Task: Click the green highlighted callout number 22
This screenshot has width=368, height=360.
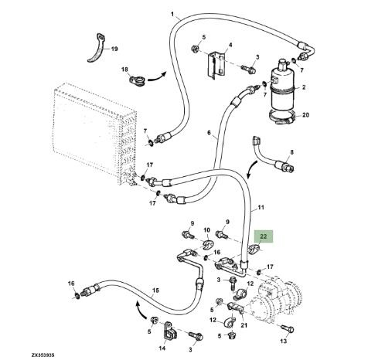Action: (263, 236)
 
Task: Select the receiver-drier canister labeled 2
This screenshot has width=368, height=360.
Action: (282, 87)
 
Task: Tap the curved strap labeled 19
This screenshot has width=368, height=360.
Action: (97, 48)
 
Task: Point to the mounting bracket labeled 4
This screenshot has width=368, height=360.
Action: (216, 66)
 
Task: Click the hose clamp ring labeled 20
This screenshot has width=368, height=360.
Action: (282, 117)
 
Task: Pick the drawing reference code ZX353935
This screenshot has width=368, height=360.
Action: (43, 355)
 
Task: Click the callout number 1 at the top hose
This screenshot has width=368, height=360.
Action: (172, 14)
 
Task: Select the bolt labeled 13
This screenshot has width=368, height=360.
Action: (286, 328)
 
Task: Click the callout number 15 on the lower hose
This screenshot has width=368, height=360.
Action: (155, 290)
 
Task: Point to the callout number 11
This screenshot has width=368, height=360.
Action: (261, 207)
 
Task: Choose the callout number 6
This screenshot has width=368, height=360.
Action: (209, 133)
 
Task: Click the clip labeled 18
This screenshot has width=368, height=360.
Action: (137, 80)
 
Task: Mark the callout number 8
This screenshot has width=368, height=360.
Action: (291, 152)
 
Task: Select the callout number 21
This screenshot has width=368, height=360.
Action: (244, 325)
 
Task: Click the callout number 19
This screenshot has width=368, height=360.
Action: (114, 49)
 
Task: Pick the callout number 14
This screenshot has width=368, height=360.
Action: (162, 348)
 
